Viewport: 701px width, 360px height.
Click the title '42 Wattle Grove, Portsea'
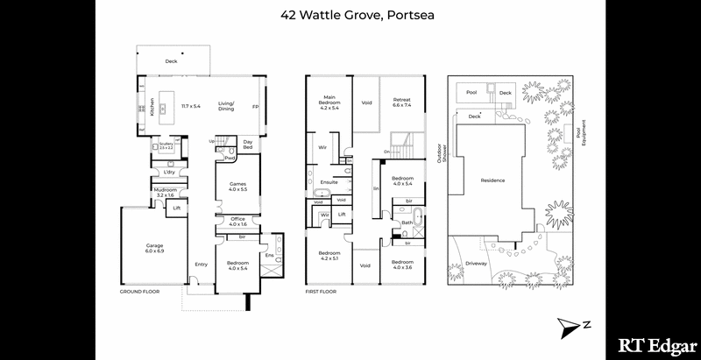pyautogui.click(x=350, y=15)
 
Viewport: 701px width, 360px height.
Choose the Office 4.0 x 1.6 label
pyautogui.click(x=237, y=222)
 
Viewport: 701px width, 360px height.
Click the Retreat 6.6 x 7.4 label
pyautogui.click(x=402, y=102)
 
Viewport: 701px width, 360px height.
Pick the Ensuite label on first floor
pyautogui.click(x=329, y=182)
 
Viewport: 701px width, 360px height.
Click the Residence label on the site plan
pyautogui.click(x=492, y=180)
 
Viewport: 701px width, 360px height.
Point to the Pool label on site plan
pyautogui.click(x=471, y=92)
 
